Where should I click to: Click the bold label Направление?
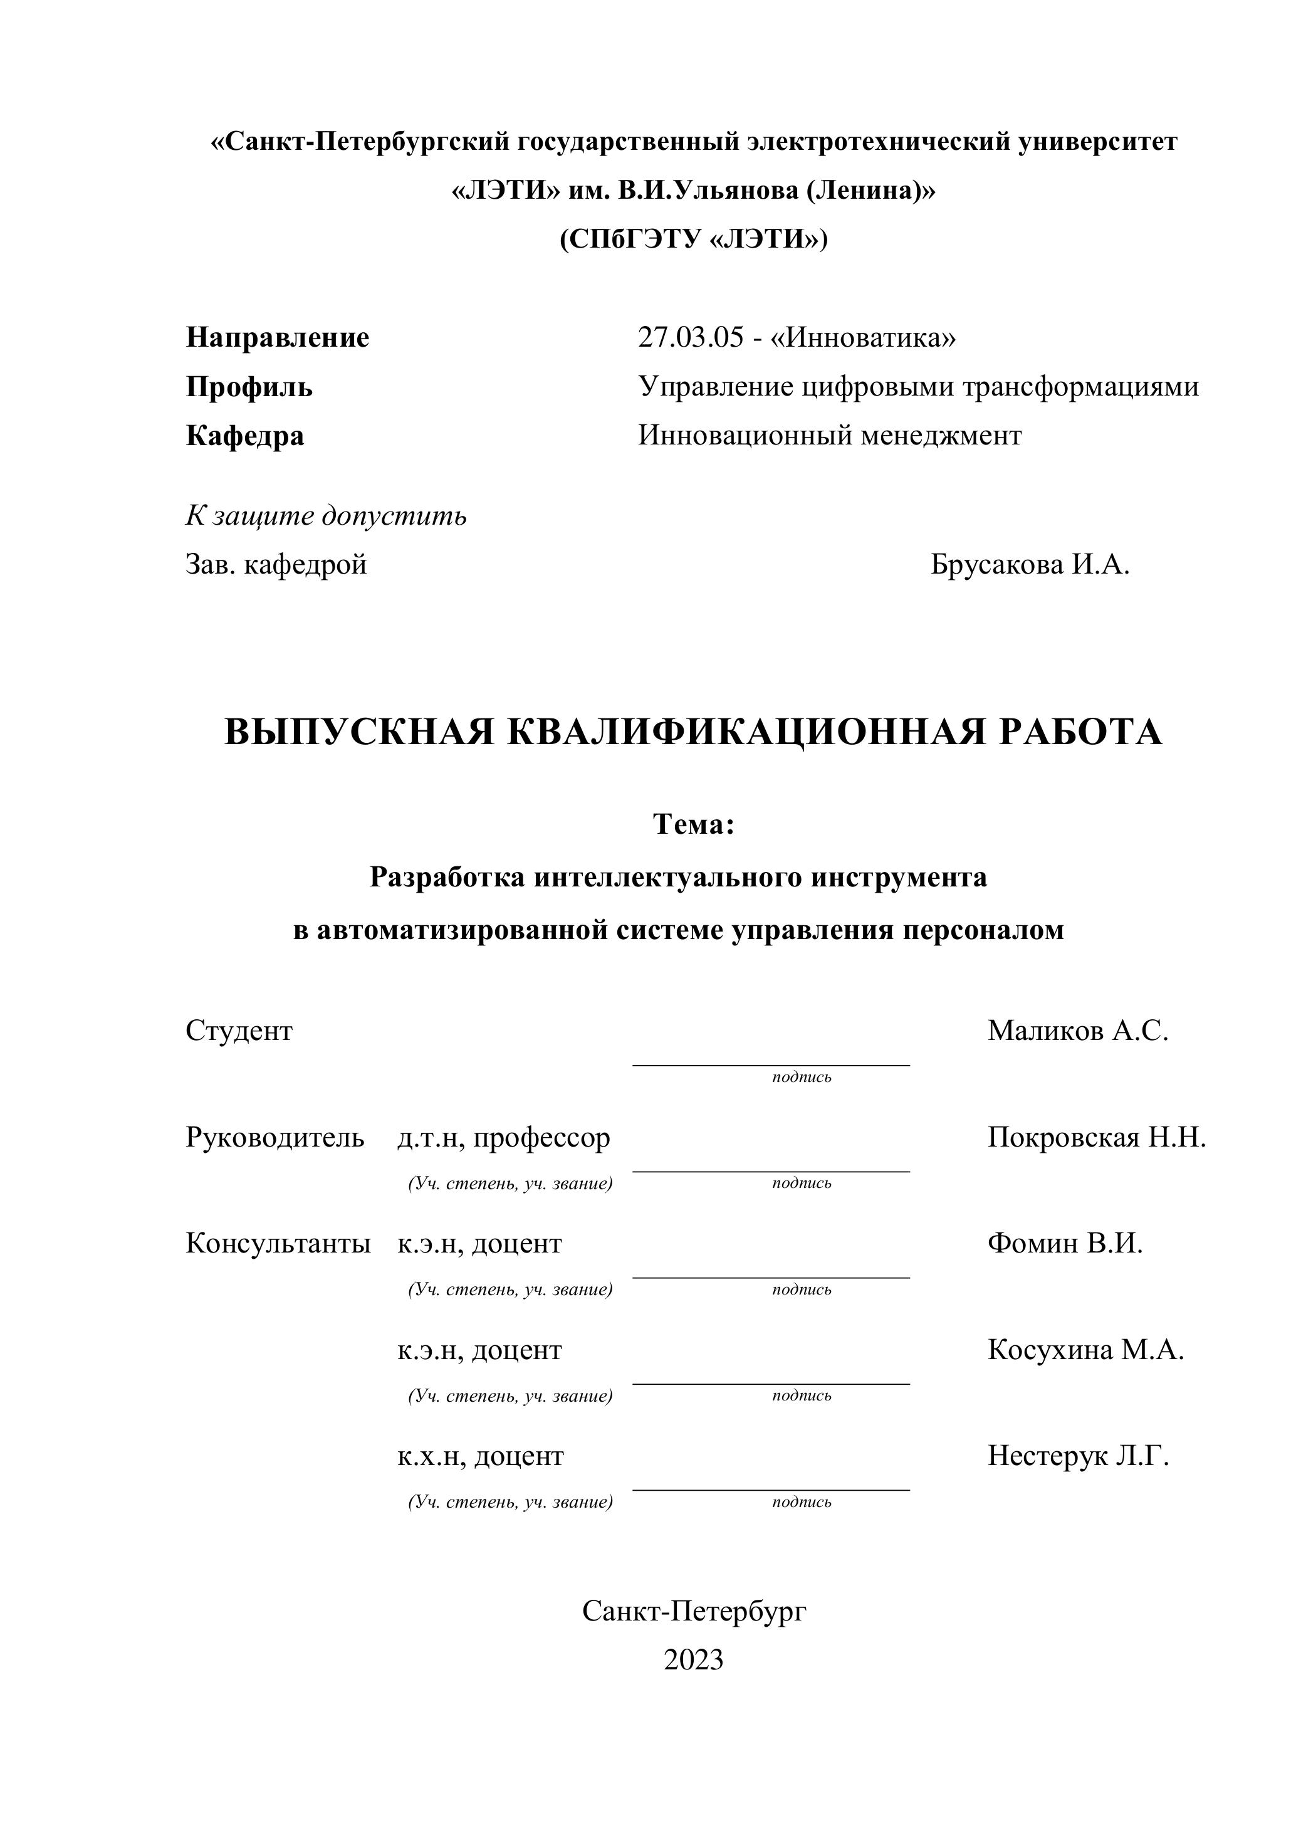tap(277, 338)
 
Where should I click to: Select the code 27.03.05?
tap(690, 338)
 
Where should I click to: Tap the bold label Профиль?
tap(249, 387)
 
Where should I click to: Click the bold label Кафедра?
tap(245, 436)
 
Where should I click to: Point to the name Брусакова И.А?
tap(1030, 564)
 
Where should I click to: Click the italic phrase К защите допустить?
tap(326, 516)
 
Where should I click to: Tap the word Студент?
tap(239, 1031)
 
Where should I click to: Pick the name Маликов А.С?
tap(1077, 1031)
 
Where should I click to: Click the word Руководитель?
tap(274, 1137)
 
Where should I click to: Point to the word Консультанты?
tap(278, 1243)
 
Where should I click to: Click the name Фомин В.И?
tap(1065, 1243)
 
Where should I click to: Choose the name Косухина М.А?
tap(1085, 1349)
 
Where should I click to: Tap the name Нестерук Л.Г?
tap(1078, 1456)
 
